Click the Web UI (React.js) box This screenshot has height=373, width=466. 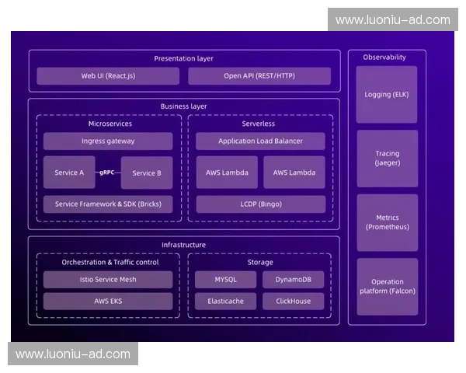point(107,76)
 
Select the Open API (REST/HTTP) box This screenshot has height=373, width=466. point(259,76)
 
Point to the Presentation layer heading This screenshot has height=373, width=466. point(183,58)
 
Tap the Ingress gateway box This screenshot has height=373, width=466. point(108,141)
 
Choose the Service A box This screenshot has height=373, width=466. point(69,173)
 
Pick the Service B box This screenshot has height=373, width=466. point(147,173)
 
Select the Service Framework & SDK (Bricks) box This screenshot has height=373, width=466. point(108,204)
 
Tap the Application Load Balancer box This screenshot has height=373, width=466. point(260,141)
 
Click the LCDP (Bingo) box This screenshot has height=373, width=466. point(260,204)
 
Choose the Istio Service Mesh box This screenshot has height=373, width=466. point(108,280)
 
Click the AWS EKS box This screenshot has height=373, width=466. point(108,302)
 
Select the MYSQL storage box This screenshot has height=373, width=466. point(225,280)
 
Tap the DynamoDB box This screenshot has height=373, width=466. point(294,280)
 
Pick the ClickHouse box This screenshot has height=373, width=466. point(294,302)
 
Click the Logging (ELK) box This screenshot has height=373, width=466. point(387,94)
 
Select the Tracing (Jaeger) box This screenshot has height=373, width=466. point(387,159)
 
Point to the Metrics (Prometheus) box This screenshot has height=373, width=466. point(387,223)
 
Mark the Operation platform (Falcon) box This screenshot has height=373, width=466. point(387,286)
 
